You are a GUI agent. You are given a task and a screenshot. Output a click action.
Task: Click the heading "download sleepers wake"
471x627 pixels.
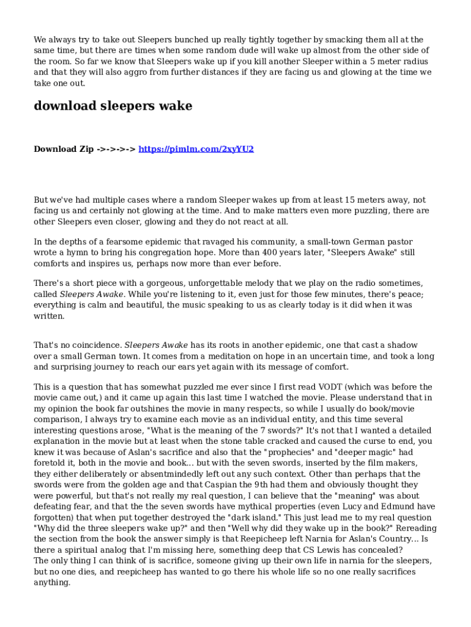[113, 106]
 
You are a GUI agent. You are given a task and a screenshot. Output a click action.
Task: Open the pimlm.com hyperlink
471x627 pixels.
[196, 149]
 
